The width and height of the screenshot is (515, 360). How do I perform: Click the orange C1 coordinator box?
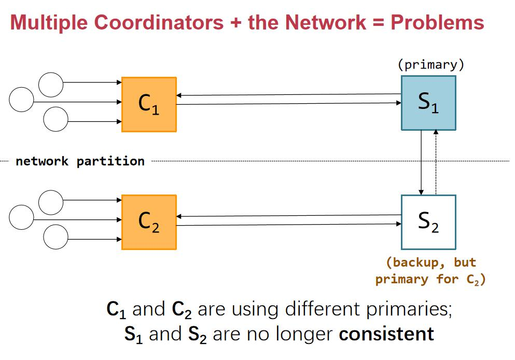149,104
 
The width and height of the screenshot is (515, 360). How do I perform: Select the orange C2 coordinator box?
149,222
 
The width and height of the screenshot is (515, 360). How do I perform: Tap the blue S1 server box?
428,103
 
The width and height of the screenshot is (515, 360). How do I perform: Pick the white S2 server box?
428,222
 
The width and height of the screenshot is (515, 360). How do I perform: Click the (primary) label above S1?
430,65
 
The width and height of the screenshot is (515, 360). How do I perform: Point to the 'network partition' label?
80,161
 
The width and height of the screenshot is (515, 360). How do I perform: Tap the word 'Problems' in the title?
437,22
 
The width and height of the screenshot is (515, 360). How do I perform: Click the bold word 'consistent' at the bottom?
386,333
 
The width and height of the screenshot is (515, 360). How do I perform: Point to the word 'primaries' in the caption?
414,309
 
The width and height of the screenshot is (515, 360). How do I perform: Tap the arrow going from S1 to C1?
288,95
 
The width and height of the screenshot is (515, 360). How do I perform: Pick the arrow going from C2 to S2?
288,225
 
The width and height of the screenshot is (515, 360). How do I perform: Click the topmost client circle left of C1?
51,84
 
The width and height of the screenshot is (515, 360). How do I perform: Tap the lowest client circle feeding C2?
55,238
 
